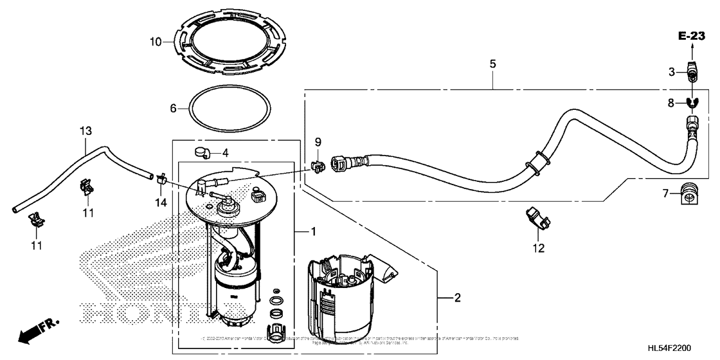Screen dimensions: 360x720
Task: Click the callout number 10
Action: [155, 42]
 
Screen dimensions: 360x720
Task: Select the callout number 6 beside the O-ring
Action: [173, 109]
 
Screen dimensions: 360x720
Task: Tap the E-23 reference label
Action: [692, 35]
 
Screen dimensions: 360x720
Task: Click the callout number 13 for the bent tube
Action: [85, 131]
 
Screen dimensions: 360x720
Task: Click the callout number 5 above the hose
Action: [492, 64]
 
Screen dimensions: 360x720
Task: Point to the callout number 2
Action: [457, 298]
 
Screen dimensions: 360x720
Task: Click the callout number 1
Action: [313, 230]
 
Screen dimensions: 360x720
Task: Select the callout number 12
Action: [537, 248]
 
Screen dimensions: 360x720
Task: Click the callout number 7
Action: [667, 192]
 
